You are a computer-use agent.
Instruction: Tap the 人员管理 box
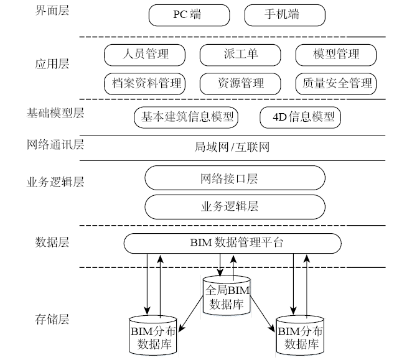pyautogui.click(x=145, y=54)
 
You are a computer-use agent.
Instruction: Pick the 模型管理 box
pyautogui.click(x=336, y=54)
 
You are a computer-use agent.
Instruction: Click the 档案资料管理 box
pyautogui.click(x=145, y=83)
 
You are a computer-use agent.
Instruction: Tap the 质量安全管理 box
pyautogui.click(x=336, y=83)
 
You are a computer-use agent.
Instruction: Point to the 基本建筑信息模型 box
pyautogui.click(x=187, y=116)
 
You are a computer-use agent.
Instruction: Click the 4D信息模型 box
pyautogui.click(x=304, y=116)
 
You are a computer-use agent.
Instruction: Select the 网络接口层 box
pyautogui.click(x=235, y=178)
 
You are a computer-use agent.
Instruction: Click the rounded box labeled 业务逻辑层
pyautogui.click(x=235, y=206)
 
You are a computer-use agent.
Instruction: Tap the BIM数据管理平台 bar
pyautogui.click(x=233, y=242)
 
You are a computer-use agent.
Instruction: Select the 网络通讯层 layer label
pyautogui.click(x=55, y=145)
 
